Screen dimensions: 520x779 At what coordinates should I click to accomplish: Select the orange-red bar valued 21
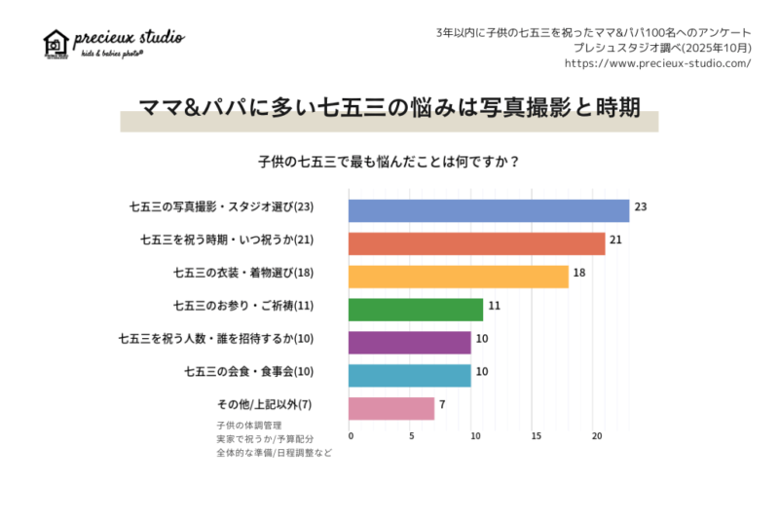476,243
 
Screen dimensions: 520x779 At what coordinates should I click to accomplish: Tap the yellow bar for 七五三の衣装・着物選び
458,277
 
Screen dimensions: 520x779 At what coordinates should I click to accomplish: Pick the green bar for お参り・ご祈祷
416,310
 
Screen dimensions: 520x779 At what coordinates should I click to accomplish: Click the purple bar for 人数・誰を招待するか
410,343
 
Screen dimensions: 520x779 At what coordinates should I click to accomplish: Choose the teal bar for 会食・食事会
410,375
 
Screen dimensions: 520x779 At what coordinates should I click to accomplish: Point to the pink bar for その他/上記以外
391,408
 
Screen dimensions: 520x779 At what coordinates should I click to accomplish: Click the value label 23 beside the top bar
641,207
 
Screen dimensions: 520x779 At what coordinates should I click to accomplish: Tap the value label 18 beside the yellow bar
579,273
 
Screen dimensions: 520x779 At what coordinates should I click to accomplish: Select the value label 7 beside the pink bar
442,404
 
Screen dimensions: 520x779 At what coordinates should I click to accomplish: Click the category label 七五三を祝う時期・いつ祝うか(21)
226,240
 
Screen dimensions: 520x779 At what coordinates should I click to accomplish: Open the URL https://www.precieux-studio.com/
657,63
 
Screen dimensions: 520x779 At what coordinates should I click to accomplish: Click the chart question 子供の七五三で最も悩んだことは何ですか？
389,162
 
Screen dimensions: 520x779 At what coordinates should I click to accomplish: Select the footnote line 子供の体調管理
249,426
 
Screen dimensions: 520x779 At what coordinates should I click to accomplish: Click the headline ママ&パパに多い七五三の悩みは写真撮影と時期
389,108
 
